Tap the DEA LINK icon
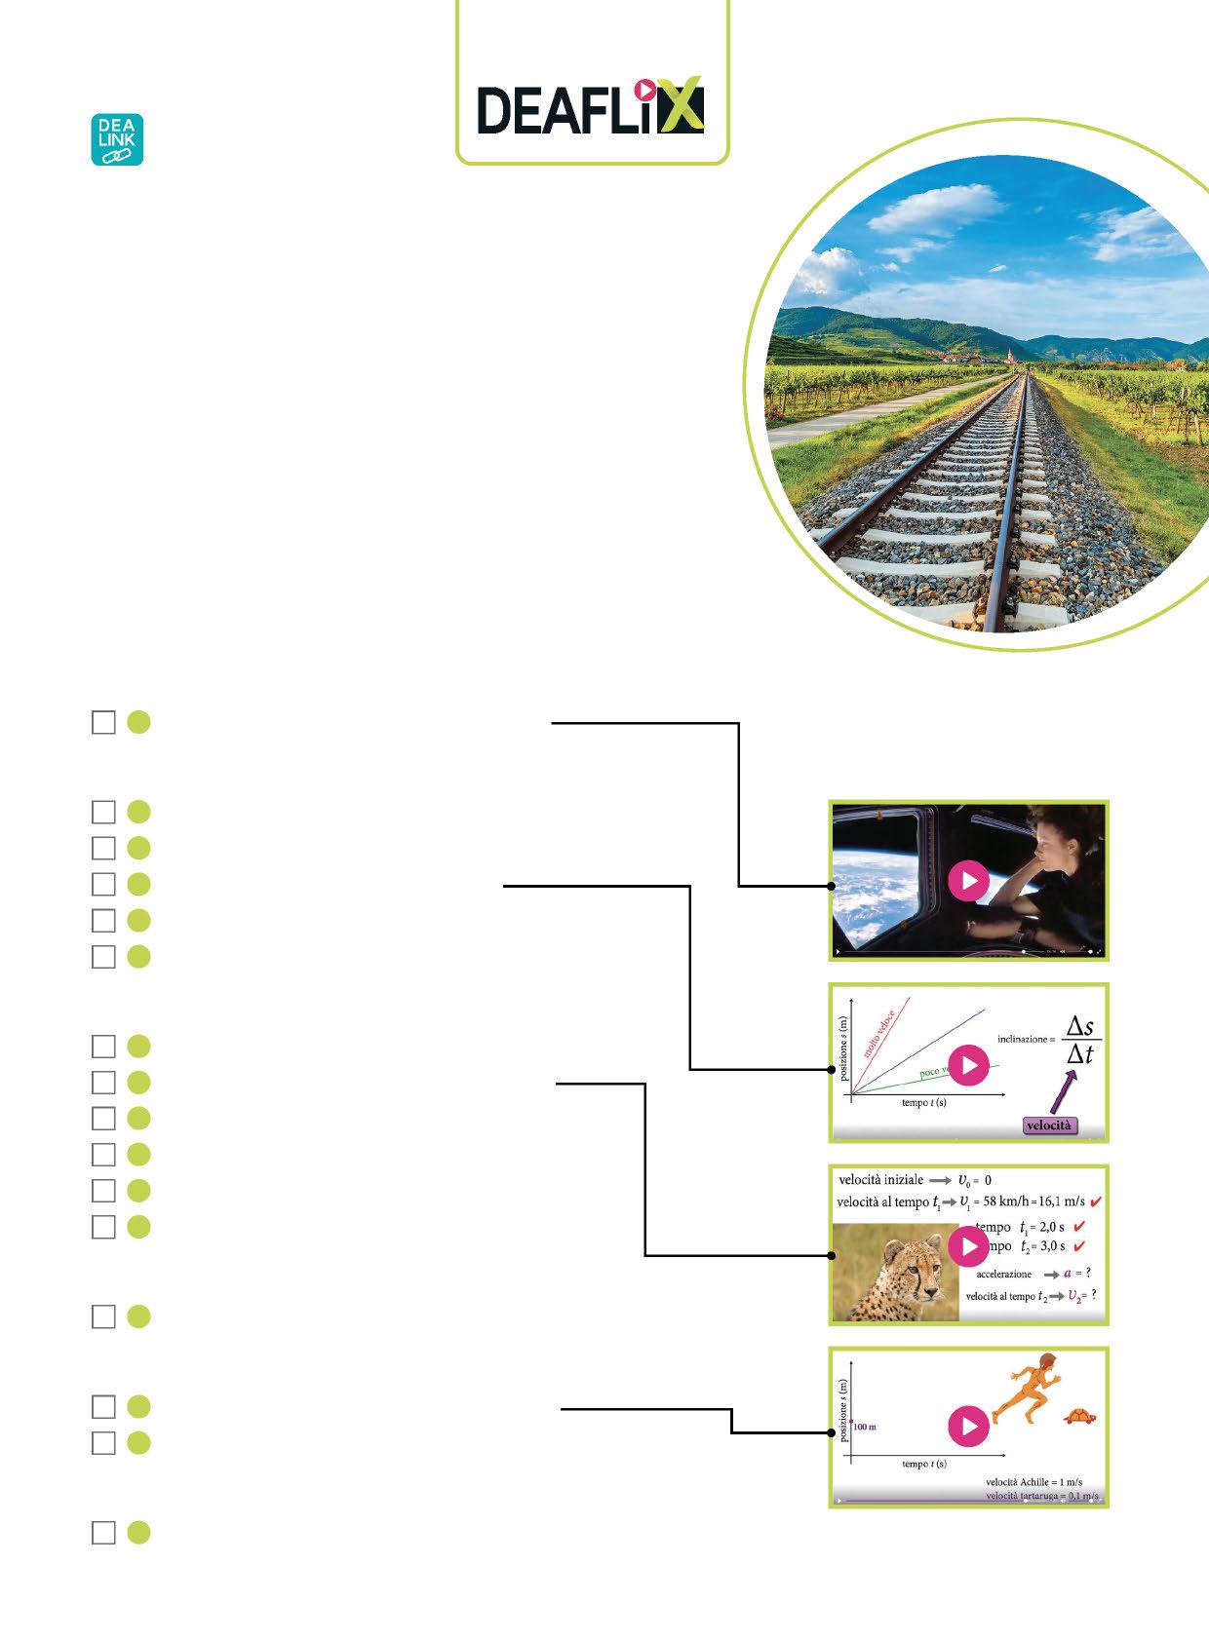[x=117, y=139]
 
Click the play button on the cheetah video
[x=968, y=1245]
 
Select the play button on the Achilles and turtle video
[x=968, y=1427]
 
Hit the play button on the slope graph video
[x=968, y=1064]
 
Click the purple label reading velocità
[x=1049, y=1125]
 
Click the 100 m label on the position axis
[x=865, y=1427]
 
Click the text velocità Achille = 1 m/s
[x=1033, y=1482]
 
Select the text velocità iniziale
[x=880, y=1180]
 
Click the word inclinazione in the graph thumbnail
[x=1026, y=1039]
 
